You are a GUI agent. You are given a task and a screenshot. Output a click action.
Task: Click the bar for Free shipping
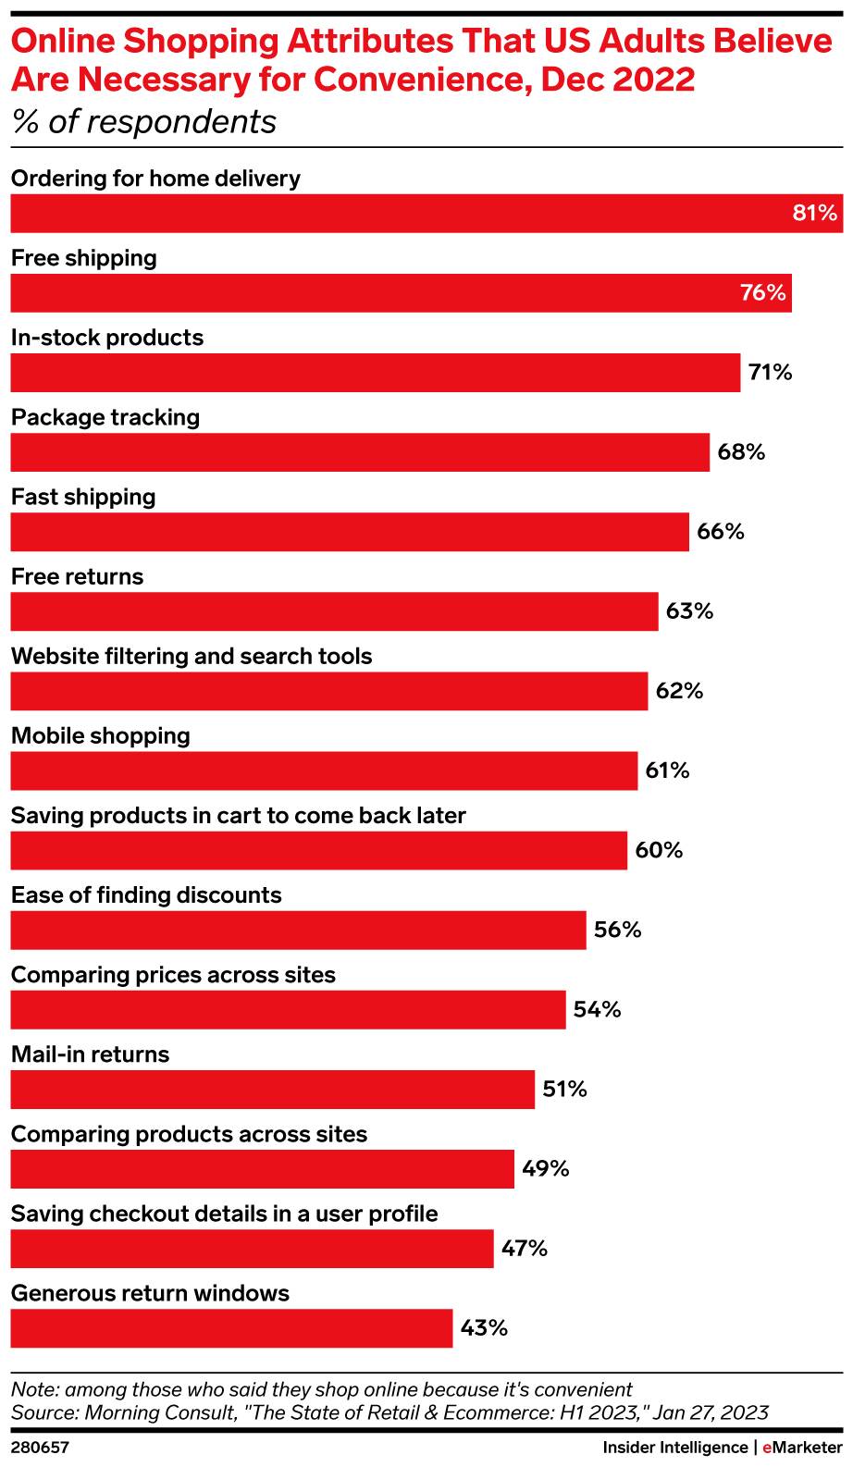pos(401,293)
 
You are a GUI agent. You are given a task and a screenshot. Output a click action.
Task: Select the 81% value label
pos(814,214)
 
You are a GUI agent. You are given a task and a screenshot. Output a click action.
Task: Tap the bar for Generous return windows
pos(231,1328)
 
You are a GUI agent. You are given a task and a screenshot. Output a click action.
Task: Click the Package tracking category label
pos(105,417)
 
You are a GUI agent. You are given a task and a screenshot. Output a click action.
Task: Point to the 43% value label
pos(484,1328)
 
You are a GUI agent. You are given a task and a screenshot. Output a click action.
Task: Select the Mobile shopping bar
pos(324,770)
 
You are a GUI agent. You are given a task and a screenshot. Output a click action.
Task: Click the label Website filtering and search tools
pos(192,656)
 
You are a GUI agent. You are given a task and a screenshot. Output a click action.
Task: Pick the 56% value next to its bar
pos(617,930)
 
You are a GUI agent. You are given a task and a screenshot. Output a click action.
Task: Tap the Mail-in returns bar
pos(272,1090)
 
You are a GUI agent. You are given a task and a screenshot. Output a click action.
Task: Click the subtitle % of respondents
pos(143,121)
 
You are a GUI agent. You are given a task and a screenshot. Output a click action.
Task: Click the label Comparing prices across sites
pos(173,975)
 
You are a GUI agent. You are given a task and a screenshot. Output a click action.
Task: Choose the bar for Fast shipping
pos(350,532)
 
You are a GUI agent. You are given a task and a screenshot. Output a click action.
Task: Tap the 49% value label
pos(545,1169)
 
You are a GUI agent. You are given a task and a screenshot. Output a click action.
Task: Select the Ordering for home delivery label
pos(155,179)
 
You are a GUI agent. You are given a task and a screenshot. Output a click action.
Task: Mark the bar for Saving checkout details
pos(252,1249)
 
